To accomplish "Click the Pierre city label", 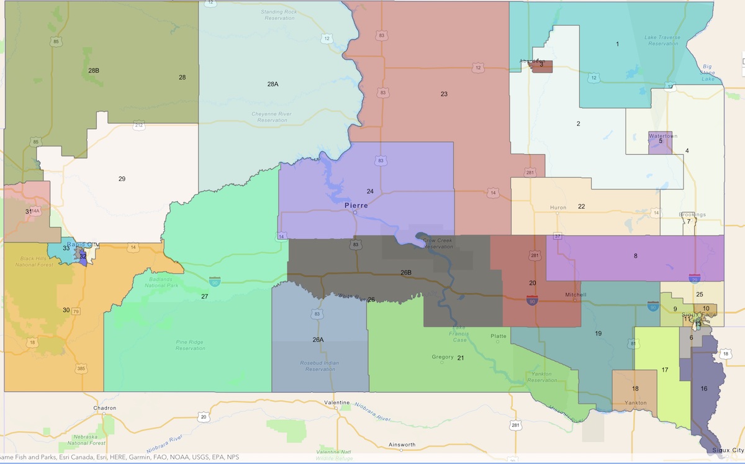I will pyautogui.click(x=356, y=206).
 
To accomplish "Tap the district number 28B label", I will pyautogui.click(x=94, y=70).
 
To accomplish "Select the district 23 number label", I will pyautogui.click(x=444, y=94).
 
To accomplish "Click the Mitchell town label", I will pyautogui.click(x=572, y=294).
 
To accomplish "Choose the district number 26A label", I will pyautogui.click(x=318, y=340).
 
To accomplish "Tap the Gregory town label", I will pyautogui.click(x=443, y=357).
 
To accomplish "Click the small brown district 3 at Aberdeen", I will pyautogui.click(x=541, y=66).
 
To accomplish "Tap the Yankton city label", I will pyautogui.click(x=635, y=403).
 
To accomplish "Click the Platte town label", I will pyautogui.click(x=499, y=336).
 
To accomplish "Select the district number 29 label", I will pyautogui.click(x=122, y=179).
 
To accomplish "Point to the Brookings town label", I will pyautogui.click(x=692, y=215).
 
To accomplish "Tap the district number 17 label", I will pyautogui.click(x=664, y=370).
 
